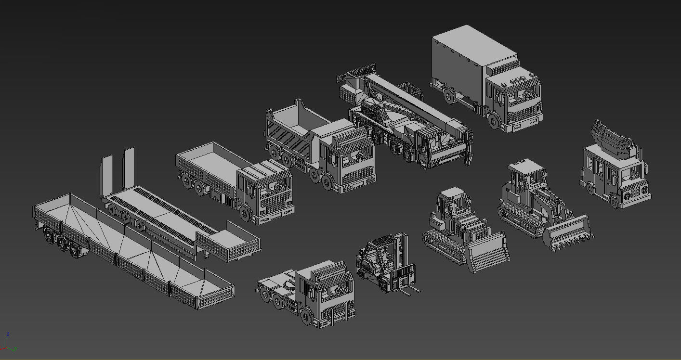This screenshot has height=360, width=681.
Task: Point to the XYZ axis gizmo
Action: point(8,342)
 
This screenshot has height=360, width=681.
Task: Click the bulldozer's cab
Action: point(453,202)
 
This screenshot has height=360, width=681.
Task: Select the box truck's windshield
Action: point(523,96)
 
